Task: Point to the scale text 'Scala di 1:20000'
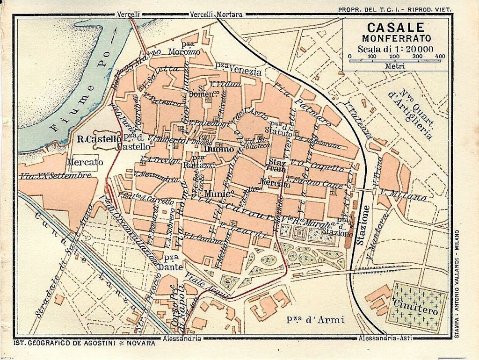(395, 49)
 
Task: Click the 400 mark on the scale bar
(440, 57)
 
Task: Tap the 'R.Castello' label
(96, 138)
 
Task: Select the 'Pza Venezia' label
(238, 72)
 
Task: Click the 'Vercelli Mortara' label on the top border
(216, 14)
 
